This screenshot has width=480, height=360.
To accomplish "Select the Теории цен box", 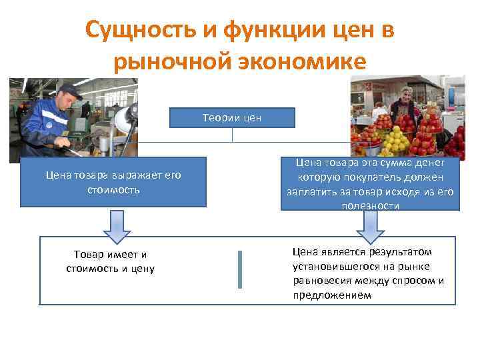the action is [232, 118].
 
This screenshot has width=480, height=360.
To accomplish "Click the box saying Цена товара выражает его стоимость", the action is [113, 182].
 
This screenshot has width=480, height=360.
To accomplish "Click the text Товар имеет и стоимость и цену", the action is [111, 261].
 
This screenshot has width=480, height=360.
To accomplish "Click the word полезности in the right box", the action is [371, 206].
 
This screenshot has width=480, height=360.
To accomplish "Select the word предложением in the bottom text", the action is [331, 294].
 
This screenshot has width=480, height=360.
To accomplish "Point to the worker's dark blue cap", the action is [69, 89].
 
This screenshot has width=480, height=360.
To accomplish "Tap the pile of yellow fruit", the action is [395, 141].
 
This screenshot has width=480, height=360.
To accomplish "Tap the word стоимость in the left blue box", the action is [113, 190].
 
